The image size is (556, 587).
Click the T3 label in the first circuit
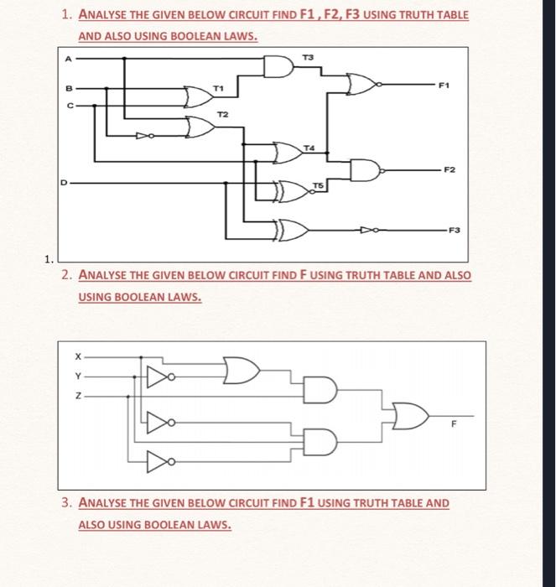coord(308,55)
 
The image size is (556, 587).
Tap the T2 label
coord(222,113)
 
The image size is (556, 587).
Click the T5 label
coord(319,183)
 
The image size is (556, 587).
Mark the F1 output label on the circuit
coord(444,85)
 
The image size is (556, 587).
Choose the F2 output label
coord(449,169)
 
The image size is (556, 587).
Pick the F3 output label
coord(454,228)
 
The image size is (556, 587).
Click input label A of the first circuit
coord(69,58)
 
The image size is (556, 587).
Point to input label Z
coord(77,395)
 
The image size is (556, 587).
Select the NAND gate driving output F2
coord(366,169)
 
